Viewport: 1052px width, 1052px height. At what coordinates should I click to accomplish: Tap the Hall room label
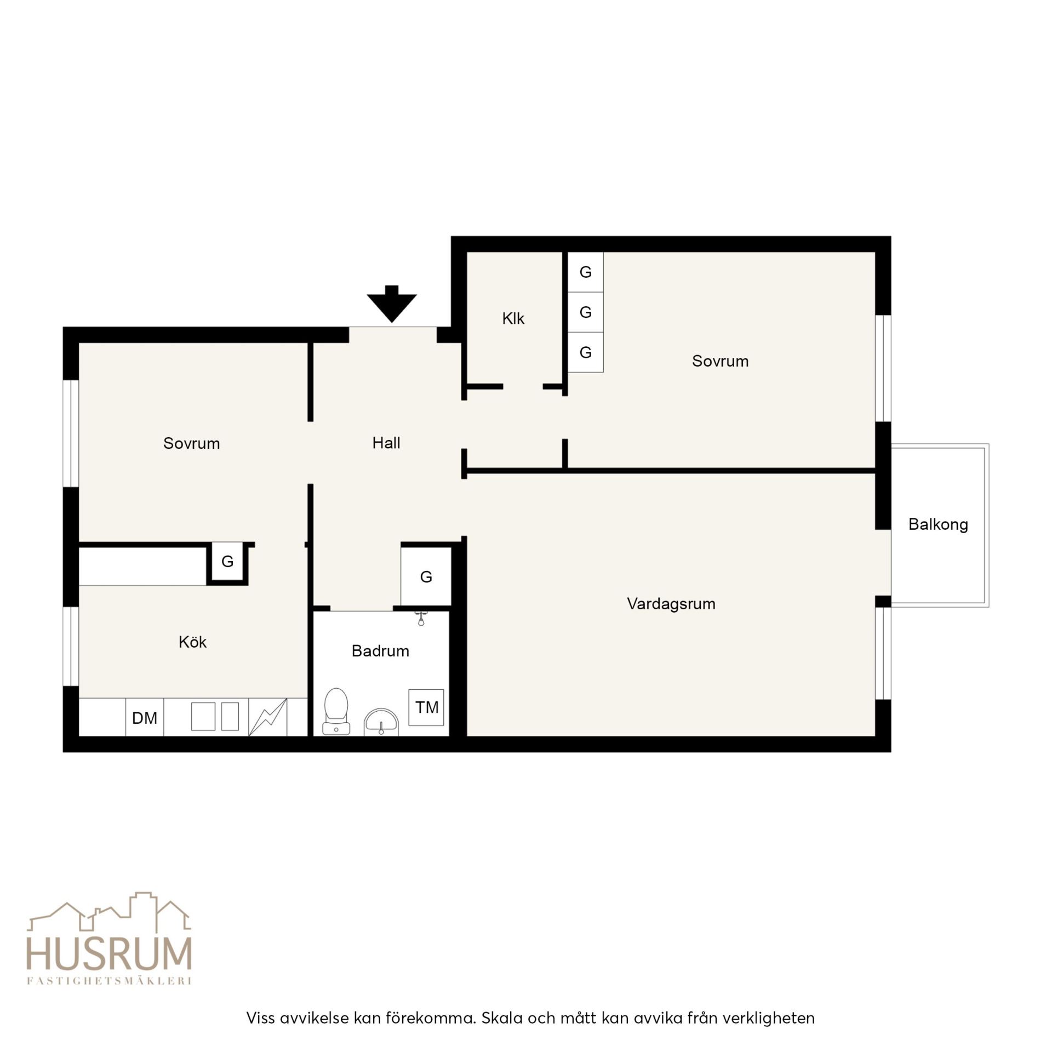386,443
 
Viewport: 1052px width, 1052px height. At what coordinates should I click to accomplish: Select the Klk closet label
513,318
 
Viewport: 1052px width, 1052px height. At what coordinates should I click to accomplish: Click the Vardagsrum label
671,604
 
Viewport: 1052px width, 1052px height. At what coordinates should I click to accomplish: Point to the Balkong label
938,524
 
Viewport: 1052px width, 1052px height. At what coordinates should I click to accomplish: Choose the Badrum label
380,651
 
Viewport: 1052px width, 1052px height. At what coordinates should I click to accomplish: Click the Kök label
192,642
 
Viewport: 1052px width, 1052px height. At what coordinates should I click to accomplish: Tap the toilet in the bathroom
336,711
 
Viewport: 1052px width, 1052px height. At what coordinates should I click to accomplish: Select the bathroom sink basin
381,723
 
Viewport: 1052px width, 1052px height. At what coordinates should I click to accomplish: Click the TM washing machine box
426,707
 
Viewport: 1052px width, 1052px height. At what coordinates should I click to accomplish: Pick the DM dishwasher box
145,717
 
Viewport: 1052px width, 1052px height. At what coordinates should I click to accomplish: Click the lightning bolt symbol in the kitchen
268,717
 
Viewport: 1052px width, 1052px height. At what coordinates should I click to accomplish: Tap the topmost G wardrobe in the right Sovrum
585,272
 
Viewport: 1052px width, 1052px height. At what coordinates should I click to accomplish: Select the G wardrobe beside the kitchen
227,562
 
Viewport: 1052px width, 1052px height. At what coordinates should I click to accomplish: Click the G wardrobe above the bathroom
426,576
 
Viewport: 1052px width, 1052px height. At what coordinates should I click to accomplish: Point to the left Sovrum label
191,443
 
